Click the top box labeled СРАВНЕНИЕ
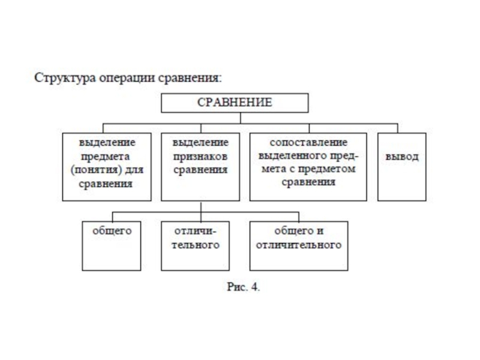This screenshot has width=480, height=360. (x=235, y=103)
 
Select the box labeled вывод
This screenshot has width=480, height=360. (x=401, y=167)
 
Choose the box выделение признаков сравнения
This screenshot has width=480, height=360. (x=200, y=167)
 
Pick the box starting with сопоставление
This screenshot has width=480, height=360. (x=308, y=167)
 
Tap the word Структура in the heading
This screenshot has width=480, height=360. (x=61, y=79)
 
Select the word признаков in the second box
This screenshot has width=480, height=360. (x=200, y=157)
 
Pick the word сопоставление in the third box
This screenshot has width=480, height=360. (x=308, y=144)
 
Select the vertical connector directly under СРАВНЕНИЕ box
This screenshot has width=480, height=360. (x=235, y=118)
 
